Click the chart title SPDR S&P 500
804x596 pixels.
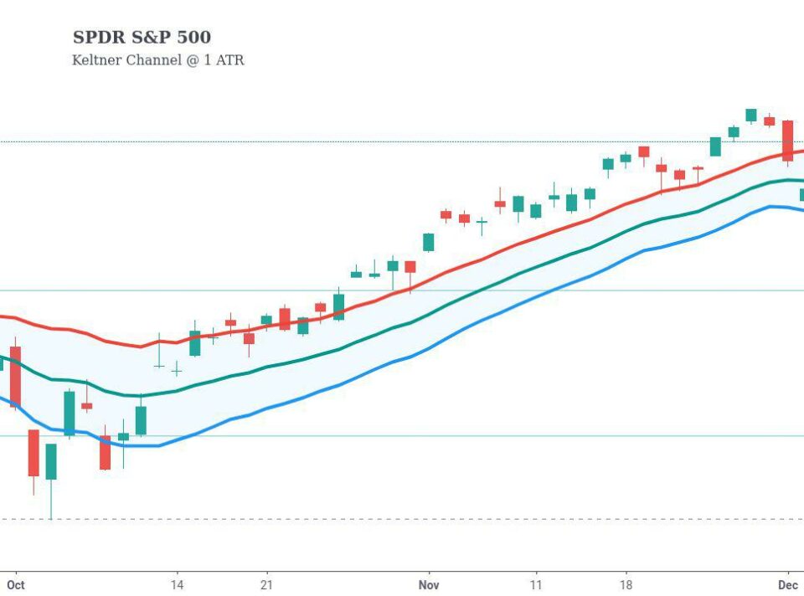(142, 38)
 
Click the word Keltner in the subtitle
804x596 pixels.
(98, 60)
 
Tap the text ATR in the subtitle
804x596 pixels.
(229, 60)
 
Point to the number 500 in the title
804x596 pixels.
(193, 38)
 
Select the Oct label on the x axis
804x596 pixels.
(15, 585)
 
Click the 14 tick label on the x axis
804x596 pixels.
(177, 585)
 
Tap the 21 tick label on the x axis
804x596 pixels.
(266, 585)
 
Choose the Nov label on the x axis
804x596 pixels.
(428, 585)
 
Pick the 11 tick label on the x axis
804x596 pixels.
(535, 585)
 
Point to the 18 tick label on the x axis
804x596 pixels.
(626, 585)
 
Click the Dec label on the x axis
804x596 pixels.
(787, 585)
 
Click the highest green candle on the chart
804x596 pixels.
(751, 115)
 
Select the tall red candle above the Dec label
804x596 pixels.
(787, 140)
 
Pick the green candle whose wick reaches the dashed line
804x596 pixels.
(51, 461)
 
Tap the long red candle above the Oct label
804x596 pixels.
(15, 377)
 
